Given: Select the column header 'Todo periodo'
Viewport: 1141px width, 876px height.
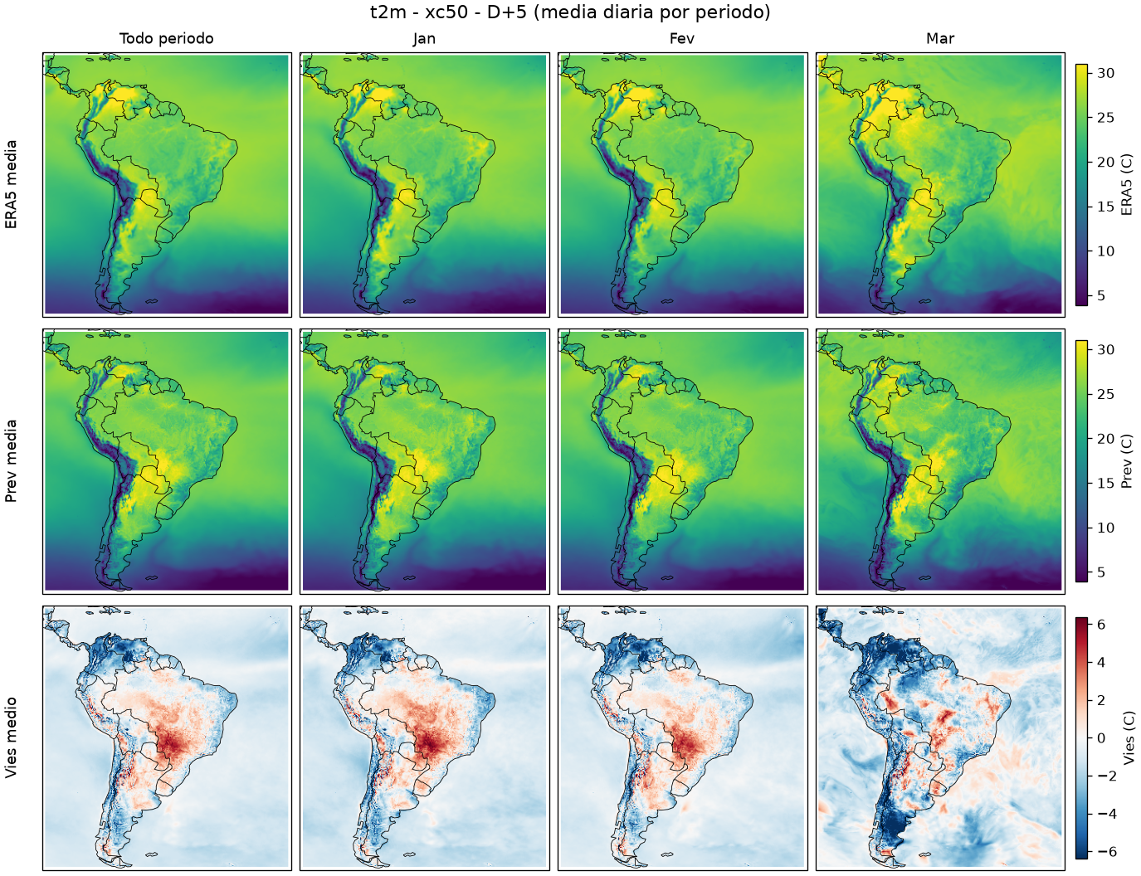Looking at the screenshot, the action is coord(167,39).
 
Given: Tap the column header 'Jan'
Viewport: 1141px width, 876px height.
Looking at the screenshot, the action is coord(424,39).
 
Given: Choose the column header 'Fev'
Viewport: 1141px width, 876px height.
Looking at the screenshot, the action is coord(682,39).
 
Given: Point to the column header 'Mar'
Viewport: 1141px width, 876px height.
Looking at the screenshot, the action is coord(940,39).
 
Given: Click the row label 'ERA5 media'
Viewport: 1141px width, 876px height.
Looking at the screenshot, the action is coord(11,184).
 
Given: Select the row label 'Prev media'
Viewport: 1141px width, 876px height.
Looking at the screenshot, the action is coord(11,461).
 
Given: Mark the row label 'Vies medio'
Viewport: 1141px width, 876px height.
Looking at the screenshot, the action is coord(11,737).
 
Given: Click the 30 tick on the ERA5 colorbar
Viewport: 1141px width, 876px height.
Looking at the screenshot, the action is coord(1105,73).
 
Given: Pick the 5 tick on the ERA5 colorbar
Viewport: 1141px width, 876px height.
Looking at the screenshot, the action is coord(1101,296).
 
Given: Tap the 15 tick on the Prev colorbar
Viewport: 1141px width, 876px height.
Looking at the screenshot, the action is coord(1105,484).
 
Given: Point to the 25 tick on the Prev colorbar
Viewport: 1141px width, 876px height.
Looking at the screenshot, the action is coord(1105,394).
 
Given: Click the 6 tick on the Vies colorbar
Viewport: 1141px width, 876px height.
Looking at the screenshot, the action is coord(1101,625).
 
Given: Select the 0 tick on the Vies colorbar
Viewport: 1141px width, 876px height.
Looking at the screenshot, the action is coord(1101,738).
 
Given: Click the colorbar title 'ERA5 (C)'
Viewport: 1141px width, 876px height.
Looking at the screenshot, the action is coord(1126,184).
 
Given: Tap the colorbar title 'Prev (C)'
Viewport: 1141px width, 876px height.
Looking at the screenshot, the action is coord(1126,461).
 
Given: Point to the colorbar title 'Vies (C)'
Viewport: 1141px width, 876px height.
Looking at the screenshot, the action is coord(1126,737).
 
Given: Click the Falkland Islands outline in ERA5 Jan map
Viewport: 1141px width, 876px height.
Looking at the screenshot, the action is coord(410,301).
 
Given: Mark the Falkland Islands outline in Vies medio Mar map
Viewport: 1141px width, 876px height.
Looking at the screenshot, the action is coord(925,855).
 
